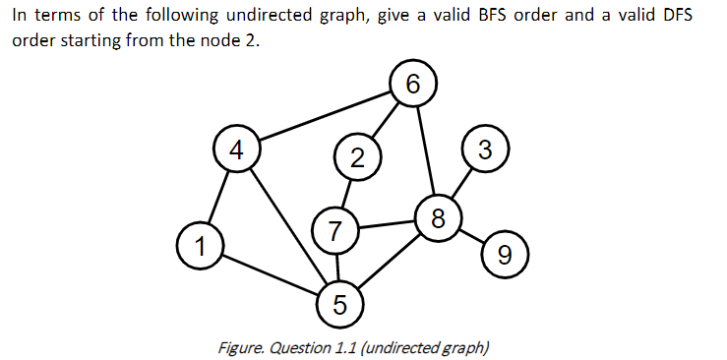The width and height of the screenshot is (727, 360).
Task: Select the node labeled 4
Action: pos(235,150)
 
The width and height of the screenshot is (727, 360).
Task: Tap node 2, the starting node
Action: pos(356,156)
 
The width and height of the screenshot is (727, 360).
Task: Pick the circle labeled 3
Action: pos(483,150)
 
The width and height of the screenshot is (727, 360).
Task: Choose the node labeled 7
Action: pos(335,232)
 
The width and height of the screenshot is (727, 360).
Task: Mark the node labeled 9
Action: pos(505,257)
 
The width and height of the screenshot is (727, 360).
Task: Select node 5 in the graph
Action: pos(339,303)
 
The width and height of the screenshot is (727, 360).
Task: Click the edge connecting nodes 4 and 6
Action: pos(325,118)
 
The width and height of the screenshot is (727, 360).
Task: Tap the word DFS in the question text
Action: pos(692,22)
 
